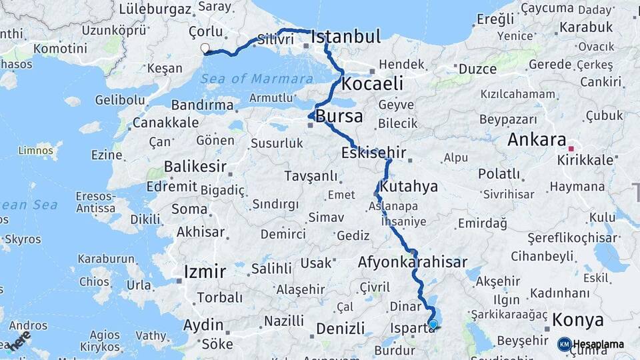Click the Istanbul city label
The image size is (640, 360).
click(x=345, y=36)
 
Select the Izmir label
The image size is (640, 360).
click(x=205, y=271)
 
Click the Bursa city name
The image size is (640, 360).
click(x=339, y=117)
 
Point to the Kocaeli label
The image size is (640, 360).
click(x=373, y=83)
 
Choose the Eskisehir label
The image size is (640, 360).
click(x=373, y=152)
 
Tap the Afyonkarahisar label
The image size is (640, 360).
click(x=412, y=262)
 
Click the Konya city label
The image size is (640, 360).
click(x=577, y=320)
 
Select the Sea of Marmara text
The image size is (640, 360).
click(x=253, y=79)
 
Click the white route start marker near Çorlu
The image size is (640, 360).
click(x=205, y=48)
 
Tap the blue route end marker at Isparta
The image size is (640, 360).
click(x=433, y=325)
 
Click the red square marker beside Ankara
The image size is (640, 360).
click(x=571, y=148)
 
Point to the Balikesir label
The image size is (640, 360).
click(x=195, y=166)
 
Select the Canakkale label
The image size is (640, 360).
click(x=165, y=123)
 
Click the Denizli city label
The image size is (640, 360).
click(x=340, y=328)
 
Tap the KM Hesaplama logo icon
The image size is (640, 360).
click(x=564, y=344)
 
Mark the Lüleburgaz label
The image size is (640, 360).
click(x=155, y=9)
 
